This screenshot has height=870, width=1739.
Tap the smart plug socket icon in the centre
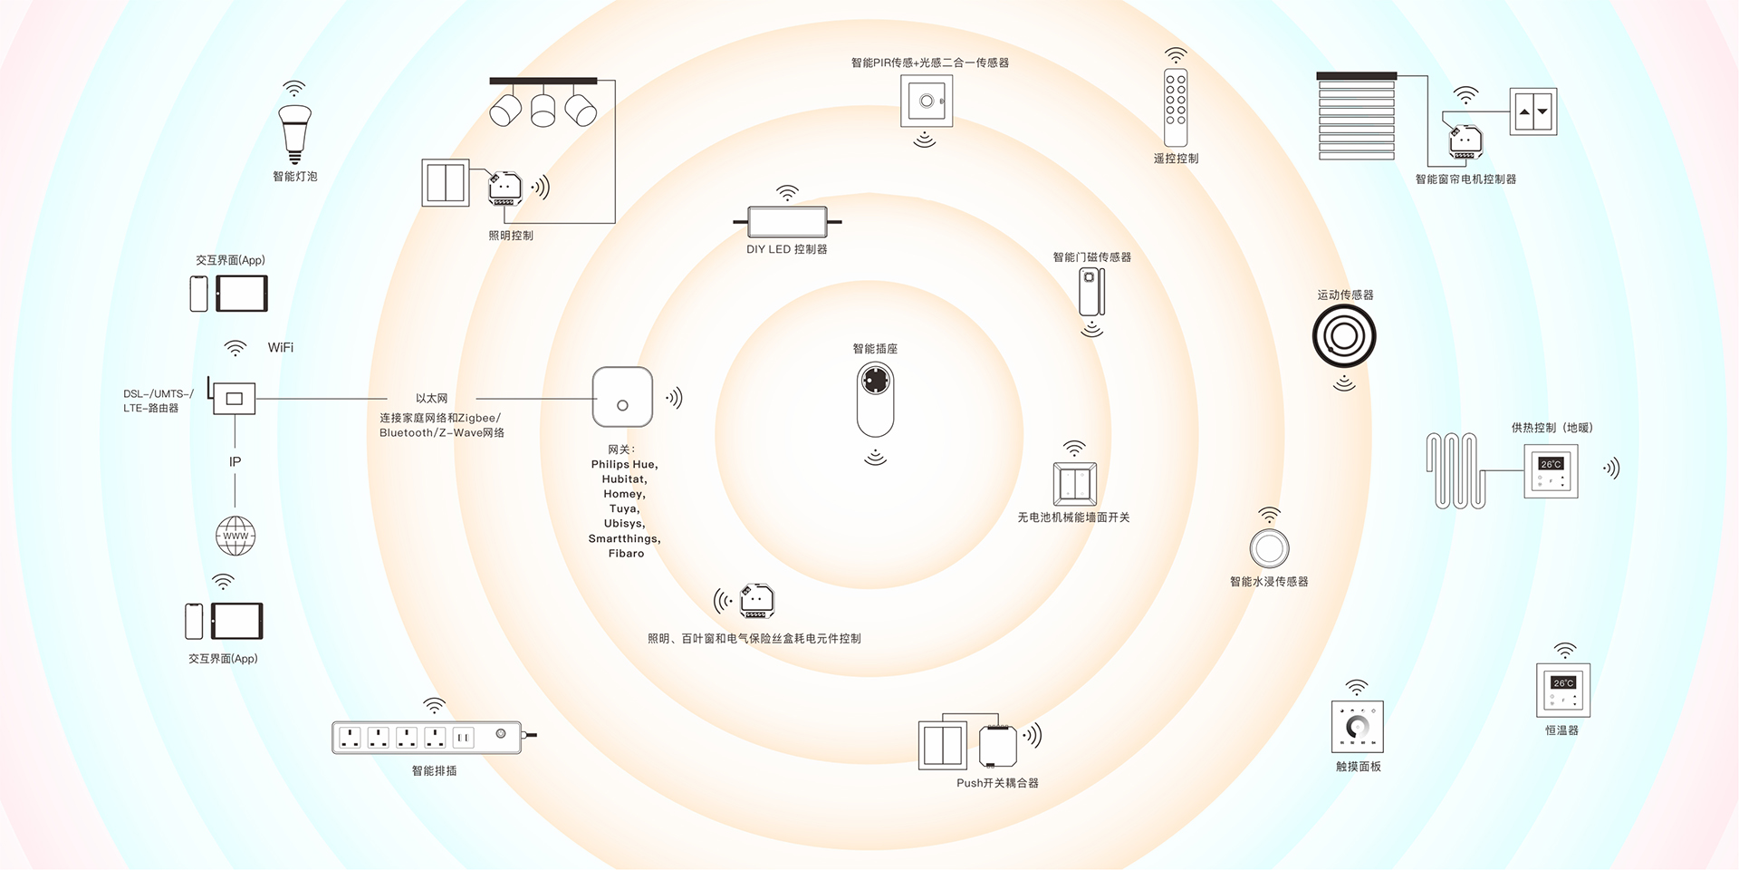(875, 399)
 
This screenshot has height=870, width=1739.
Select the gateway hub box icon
(622, 397)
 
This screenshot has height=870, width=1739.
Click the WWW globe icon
(235, 536)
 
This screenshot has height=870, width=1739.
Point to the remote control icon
(1176, 107)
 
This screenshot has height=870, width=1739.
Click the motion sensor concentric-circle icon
(1344, 337)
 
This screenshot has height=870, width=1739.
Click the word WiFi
(281, 348)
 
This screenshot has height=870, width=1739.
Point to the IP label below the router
(235, 462)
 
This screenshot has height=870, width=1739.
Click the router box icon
(234, 398)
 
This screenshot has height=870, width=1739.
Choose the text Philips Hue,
(624, 464)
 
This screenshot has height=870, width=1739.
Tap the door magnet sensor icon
(1090, 292)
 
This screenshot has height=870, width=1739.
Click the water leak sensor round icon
(1269, 548)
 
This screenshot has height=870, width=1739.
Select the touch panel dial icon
(1357, 726)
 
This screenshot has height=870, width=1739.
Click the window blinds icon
(1356, 117)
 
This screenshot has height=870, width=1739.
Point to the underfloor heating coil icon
(1456, 470)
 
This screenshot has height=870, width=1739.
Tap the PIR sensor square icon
(927, 101)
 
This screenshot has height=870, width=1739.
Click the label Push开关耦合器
(997, 783)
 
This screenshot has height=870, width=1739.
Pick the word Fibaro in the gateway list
(626, 554)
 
